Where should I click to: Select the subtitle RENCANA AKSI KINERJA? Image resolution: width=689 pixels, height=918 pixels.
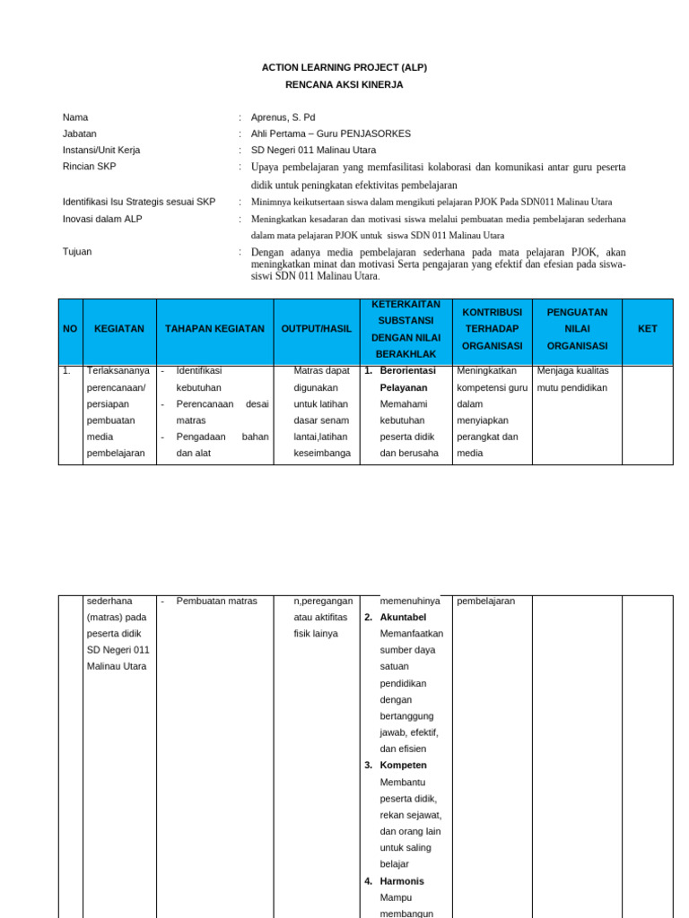tap(344, 84)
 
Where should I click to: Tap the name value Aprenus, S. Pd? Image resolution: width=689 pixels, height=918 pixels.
tap(283, 117)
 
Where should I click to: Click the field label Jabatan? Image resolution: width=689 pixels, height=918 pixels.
tap(80, 134)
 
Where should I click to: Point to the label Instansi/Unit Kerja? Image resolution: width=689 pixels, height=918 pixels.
tap(101, 150)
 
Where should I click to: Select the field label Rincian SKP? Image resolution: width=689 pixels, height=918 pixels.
tap(89, 167)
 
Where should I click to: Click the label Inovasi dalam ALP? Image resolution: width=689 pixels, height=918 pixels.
tap(102, 219)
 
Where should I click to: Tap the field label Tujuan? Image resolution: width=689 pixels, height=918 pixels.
tap(77, 252)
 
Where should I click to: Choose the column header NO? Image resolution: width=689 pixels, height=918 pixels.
tap(70, 329)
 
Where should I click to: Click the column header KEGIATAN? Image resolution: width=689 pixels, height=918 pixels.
tap(119, 329)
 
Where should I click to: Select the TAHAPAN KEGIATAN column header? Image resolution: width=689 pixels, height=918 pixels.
tap(214, 329)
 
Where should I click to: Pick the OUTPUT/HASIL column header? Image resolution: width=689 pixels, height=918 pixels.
tap(316, 329)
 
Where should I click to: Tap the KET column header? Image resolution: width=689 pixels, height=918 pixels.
tap(647, 329)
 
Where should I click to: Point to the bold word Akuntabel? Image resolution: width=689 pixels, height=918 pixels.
tap(403, 618)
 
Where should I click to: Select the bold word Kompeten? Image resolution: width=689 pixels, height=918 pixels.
tap(403, 765)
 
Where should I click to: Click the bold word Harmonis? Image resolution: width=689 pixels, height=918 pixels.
tap(402, 881)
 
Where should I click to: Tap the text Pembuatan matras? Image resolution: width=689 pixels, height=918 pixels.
tap(216, 601)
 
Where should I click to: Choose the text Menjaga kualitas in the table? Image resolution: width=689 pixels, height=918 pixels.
tap(572, 370)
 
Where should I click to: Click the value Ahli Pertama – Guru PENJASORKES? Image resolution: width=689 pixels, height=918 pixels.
tap(331, 134)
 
